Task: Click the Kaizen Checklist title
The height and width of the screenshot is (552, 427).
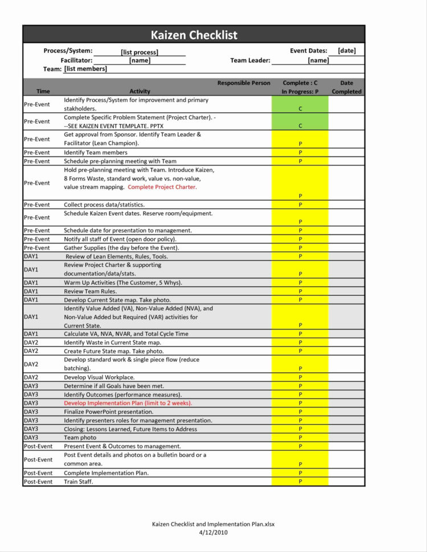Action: [194, 35]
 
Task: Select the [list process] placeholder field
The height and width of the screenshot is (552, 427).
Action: [139, 52]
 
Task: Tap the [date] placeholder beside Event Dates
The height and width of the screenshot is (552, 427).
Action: [347, 51]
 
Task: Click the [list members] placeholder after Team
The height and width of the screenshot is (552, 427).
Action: [85, 69]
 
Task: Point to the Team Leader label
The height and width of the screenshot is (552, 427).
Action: [250, 60]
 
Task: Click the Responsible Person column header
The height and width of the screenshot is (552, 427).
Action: [244, 83]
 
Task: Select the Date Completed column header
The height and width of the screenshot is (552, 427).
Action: [347, 87]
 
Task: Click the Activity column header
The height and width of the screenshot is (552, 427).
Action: [139, 91]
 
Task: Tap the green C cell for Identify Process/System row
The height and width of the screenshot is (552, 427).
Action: [300, 105]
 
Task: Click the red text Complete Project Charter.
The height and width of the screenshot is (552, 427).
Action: [162, 187]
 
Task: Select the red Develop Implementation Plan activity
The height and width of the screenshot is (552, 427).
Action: [128, 403]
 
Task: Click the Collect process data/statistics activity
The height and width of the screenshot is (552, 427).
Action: [104, 204]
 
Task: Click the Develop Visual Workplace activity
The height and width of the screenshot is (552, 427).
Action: [99, 377]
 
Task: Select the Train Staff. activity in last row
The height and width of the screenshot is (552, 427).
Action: [78, 481]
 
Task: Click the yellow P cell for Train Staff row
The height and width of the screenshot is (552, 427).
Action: [300, 481]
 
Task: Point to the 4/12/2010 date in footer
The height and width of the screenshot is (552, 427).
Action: [213, 532]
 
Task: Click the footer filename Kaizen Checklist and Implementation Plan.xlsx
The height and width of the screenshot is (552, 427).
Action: [213, 524]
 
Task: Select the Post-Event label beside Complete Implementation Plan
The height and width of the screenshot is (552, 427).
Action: [38, 473]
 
